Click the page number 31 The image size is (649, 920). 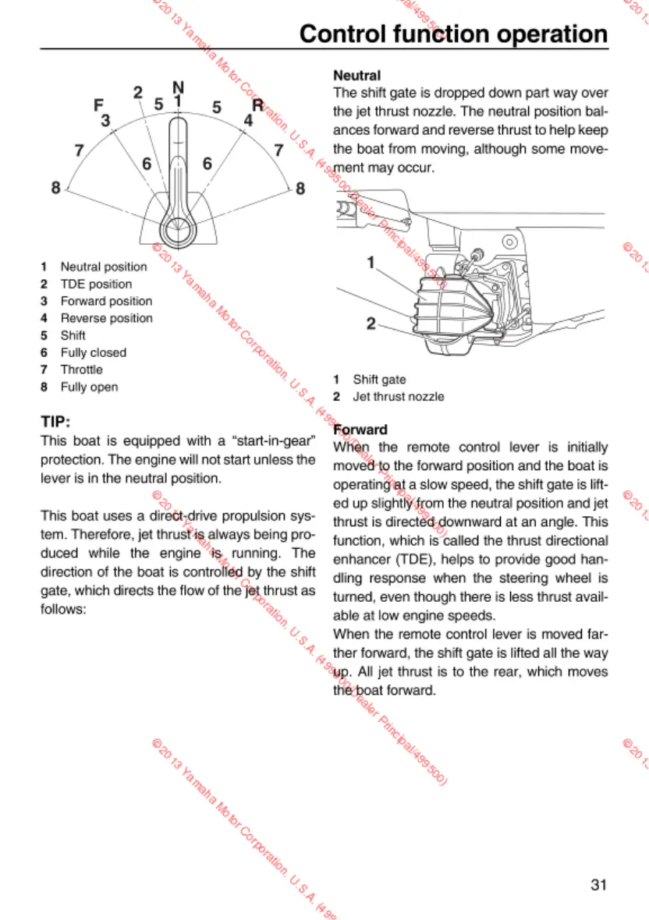tap(598, 884)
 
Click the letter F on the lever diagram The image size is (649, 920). tap(98, 105)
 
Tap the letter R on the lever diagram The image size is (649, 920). tap(257, 105)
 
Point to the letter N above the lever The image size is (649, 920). tap(178, 86)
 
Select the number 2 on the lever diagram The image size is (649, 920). tap(138, 93)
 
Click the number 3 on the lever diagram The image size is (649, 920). tap(105, 121)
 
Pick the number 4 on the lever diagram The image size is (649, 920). tap(248, 121)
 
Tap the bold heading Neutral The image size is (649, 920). tap(356, 76)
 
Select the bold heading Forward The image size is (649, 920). tap(360, 430)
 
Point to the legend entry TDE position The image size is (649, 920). tap(96, 284)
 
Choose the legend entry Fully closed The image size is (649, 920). tap(93, 352)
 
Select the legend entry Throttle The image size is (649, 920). tap(81, 370)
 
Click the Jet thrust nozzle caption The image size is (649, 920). tap(398, 396)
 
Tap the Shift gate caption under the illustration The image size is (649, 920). tap(379, 379)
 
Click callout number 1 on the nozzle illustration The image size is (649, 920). tap(371, 263)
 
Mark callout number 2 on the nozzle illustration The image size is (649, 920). tap(371, 323)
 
